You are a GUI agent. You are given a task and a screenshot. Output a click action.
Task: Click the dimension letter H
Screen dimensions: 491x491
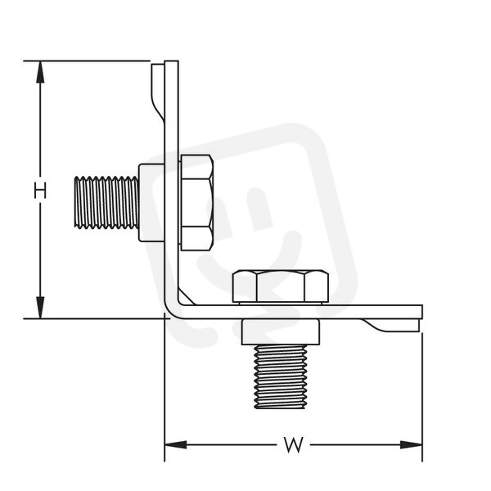(x=40, y=191)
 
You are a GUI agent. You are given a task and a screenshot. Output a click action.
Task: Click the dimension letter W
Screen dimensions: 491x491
(x=294, y=444)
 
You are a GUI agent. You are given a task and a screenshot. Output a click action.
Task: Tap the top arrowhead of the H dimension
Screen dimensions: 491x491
(x=40, y=72)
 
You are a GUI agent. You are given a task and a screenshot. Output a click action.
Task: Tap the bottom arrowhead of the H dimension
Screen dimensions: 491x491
(x=40, y=308)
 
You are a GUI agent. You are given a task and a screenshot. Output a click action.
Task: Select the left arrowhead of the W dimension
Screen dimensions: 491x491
(x=176, y=444)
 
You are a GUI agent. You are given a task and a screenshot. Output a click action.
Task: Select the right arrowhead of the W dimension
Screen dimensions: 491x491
(x=411, y=444)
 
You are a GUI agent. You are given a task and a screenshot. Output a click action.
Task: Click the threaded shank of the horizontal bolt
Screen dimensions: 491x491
(x=106, y=202)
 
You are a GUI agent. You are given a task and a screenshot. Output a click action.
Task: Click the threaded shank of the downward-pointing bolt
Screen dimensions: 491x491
(x=280, y=376)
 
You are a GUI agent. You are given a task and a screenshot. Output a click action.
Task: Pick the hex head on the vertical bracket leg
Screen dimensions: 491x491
(x=196, y=203)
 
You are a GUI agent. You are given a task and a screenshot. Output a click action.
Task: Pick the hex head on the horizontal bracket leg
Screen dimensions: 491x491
(x=281, y=286)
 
